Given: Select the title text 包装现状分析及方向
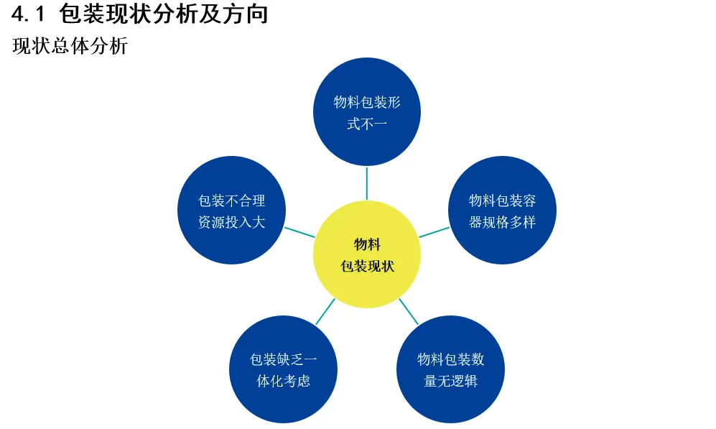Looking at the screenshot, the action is (x=163, y=14).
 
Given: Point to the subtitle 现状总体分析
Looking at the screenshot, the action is (x=70, y=47).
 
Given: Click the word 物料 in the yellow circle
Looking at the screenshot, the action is (x=367, y=244).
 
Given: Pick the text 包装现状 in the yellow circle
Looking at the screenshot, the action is (x=367, y=266).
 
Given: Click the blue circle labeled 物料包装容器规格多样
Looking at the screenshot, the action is (x=502, y=210).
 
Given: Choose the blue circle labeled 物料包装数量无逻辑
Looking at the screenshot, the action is (x=450, y=369).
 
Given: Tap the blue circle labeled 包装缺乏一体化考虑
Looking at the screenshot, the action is (x=283, y=369).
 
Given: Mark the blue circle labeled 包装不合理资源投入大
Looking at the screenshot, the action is (x=231, y=210).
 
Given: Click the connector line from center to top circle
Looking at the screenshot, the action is (x=367, y=183).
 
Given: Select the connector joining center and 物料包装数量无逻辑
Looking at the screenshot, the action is (x=409, y=311).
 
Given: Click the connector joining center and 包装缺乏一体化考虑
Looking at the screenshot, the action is (x=325, y=311).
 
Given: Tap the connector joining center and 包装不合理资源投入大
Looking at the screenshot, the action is (x=300, y=232).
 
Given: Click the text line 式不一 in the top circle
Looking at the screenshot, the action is (x=367, y=124).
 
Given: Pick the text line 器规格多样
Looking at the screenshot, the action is (x=502, y=222).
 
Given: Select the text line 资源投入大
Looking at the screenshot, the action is (x=231, y=222).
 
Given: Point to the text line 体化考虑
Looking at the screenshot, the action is (x=283, y=381).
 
